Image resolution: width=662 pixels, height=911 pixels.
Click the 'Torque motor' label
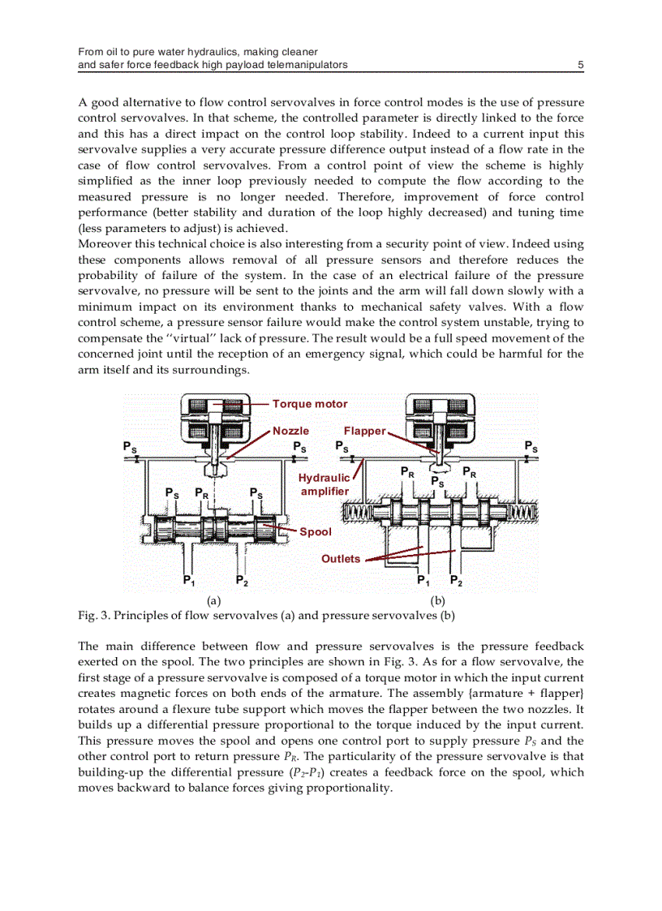310,404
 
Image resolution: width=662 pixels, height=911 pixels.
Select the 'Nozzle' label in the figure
290,432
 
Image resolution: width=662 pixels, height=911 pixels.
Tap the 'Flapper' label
364,432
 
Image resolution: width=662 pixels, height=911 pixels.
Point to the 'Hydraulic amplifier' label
324,485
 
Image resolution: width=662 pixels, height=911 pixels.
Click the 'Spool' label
316,532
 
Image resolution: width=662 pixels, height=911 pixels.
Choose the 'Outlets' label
341,559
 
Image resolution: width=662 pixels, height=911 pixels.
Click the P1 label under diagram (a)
188,581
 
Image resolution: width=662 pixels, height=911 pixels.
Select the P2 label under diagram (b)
456,581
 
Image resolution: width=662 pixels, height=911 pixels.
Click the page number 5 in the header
580,65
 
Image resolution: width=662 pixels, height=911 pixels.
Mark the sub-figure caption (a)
214,601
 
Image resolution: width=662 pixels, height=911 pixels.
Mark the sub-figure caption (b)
438,601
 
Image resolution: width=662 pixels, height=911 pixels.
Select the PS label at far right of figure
531,446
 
